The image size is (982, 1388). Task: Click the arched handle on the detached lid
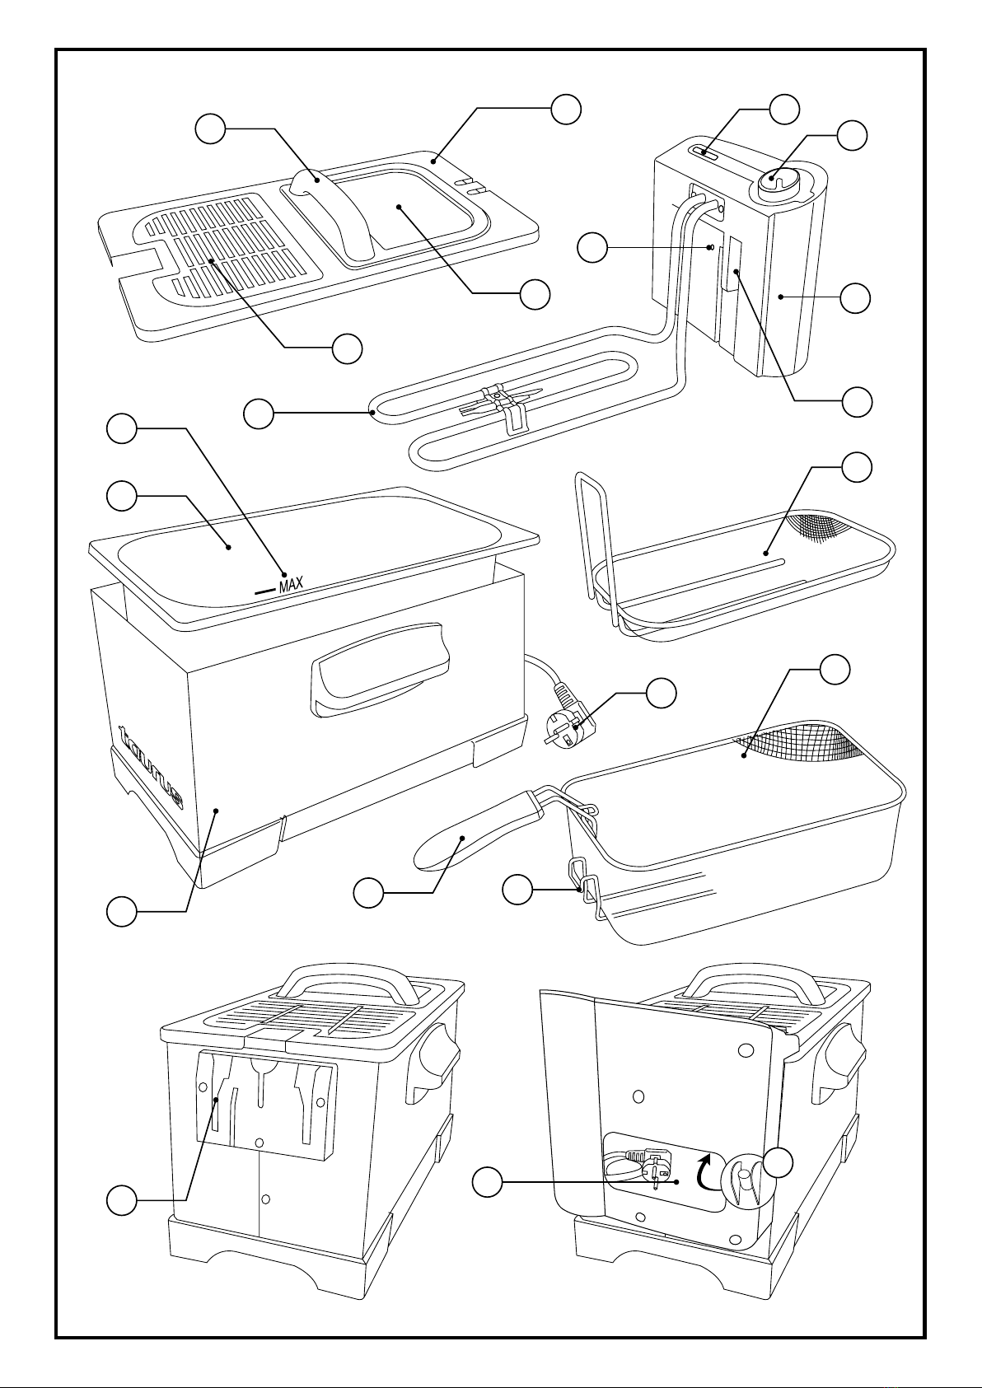326,209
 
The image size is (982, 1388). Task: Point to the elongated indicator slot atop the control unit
704,152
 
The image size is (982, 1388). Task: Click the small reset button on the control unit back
710,246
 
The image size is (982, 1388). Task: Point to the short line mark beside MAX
264,590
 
